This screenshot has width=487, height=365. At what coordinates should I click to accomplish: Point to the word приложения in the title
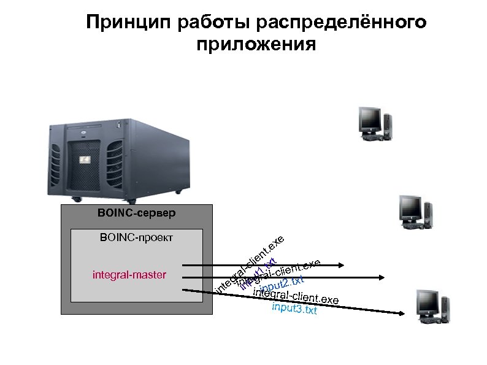pyautogui.click(x=257, y=45)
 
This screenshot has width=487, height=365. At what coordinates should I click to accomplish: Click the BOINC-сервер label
pyautogui.click(x=136, y=214)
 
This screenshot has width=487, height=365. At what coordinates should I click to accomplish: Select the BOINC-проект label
pyautogui.click(x=136, y=237)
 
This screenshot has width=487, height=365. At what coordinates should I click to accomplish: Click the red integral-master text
pyautogui.click(x=129, y=274)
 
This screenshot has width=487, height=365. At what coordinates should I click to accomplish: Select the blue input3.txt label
pyautogui.click(x=294, y=308)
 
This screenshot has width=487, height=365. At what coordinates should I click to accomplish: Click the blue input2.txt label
pyautogui.click(x=282, y=284)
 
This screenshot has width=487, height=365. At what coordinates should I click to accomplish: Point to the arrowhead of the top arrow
pyautogui.click(x=342, y=266)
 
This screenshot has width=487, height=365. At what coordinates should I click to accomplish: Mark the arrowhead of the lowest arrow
pyautogui.click(x=402, y=313)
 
